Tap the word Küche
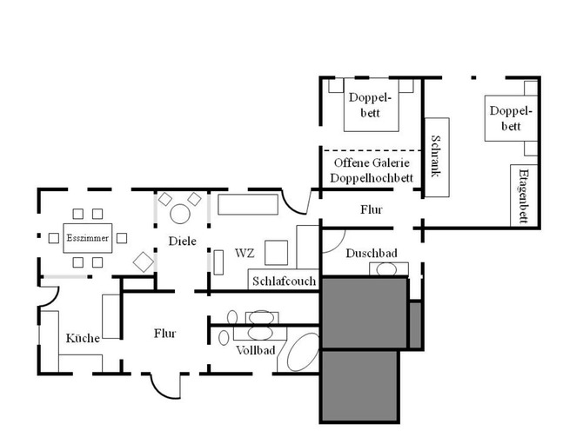coord(83,338)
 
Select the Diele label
coord(183,241)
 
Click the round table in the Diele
coord(180,213)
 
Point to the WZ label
coord(245,254)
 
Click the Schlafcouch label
coord(285,281)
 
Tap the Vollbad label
coord(256,350)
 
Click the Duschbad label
coord(372,253)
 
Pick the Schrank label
coord(436,158)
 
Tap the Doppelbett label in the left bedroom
coord(370,106)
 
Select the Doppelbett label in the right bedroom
coord(510,119)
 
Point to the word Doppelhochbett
coord(371,178)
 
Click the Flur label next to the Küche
coord(165,332)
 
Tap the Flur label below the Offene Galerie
coord(371,209)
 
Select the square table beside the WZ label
coord(277,252)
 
